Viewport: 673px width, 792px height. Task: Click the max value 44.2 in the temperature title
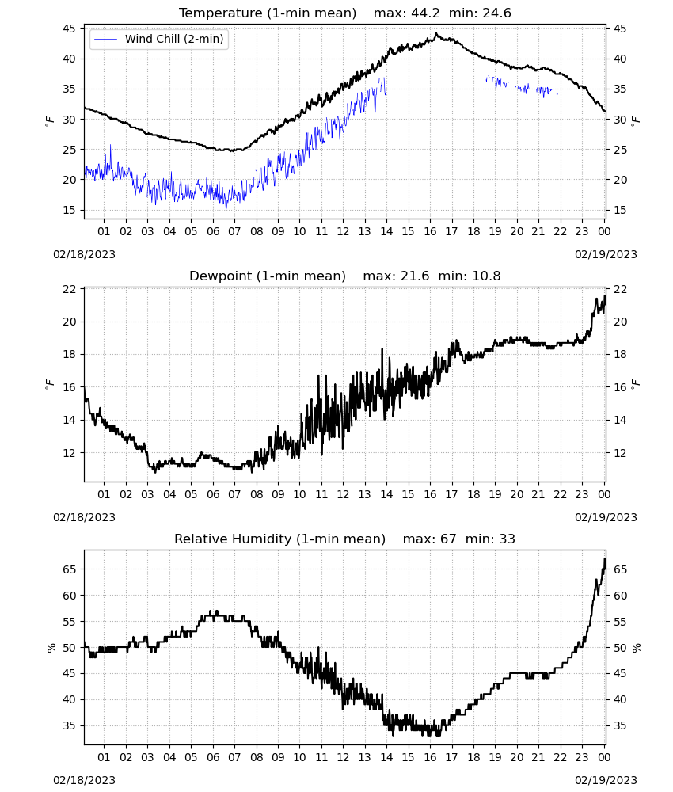tap(426, 13)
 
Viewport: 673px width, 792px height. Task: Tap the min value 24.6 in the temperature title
tap(496, 13)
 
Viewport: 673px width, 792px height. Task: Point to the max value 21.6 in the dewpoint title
tap(415, 276)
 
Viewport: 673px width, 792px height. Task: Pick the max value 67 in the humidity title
tap(448, 539)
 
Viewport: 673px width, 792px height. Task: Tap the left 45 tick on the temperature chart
tap(69, 29)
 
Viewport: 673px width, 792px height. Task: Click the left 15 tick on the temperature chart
tap(69, 210)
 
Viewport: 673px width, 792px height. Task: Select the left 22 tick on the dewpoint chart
tap(69, 289)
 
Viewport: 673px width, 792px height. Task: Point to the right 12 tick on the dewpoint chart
tap(620, 453)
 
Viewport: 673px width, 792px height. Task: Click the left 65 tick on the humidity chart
tap(69, 569)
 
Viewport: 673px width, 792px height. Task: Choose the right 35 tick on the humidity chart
tap(620, 725)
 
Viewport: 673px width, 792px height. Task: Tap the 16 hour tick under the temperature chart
tap(430, 231)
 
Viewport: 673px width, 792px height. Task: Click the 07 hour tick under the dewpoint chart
tap(234, 494)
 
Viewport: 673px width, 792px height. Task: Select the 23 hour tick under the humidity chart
tap(582, 757)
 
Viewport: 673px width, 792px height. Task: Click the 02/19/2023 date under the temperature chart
tap(606, 254)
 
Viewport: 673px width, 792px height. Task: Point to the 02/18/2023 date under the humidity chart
tap(84, 780)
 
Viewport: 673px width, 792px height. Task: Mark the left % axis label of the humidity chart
tap(51, 648)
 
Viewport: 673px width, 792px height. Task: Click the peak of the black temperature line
tap(436, 33)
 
